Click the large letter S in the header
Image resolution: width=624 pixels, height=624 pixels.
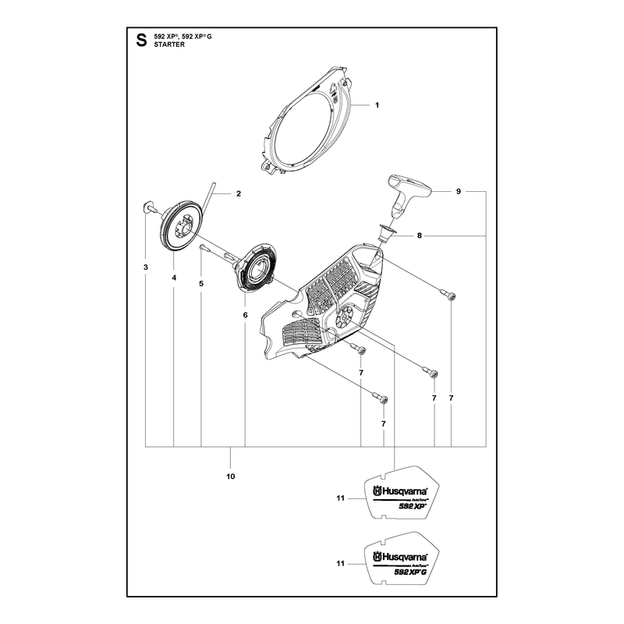tap(141, 41)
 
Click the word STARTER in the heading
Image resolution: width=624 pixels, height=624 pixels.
tap(169, 44)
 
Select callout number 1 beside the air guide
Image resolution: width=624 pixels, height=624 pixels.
tap(377, 105)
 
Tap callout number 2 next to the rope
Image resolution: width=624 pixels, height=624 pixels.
tap(239, 193)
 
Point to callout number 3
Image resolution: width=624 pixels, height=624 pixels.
tap(146, 267)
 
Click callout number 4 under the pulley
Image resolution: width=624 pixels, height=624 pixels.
tap(174, 278)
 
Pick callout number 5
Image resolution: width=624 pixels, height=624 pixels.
tap(201, 284)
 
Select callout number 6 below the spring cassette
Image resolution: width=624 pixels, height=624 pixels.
tap(245, 315)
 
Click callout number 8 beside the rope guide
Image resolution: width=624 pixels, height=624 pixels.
tap(419, 236)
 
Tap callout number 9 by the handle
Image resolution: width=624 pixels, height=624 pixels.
tap(459, 191)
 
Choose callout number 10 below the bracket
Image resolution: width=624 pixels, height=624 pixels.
tap(230, 477)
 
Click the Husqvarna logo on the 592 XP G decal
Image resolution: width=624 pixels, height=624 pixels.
tap(400, 557)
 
